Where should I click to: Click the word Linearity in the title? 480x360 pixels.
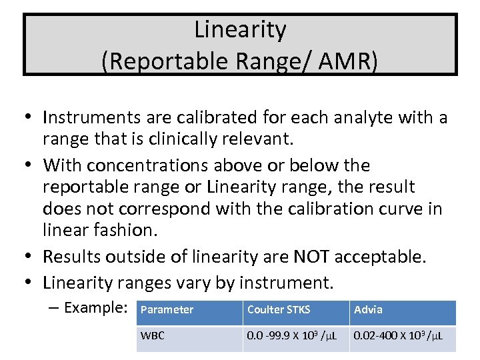[240, 30]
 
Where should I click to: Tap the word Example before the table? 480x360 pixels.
[95, 308]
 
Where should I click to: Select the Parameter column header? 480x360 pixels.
[167, 310]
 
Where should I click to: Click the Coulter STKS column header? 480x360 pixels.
[279, 310]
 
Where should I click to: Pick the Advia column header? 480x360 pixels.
[368, 310]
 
